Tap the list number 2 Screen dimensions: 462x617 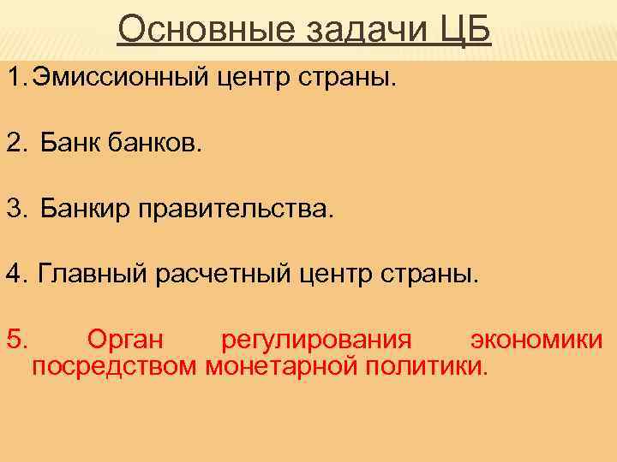[x=16, y=145]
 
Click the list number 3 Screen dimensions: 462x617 [x=16, y=208]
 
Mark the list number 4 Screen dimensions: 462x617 [x=16, y=275]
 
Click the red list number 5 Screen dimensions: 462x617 [x=16, y=339]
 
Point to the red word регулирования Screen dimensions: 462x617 [x=317, y=341]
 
